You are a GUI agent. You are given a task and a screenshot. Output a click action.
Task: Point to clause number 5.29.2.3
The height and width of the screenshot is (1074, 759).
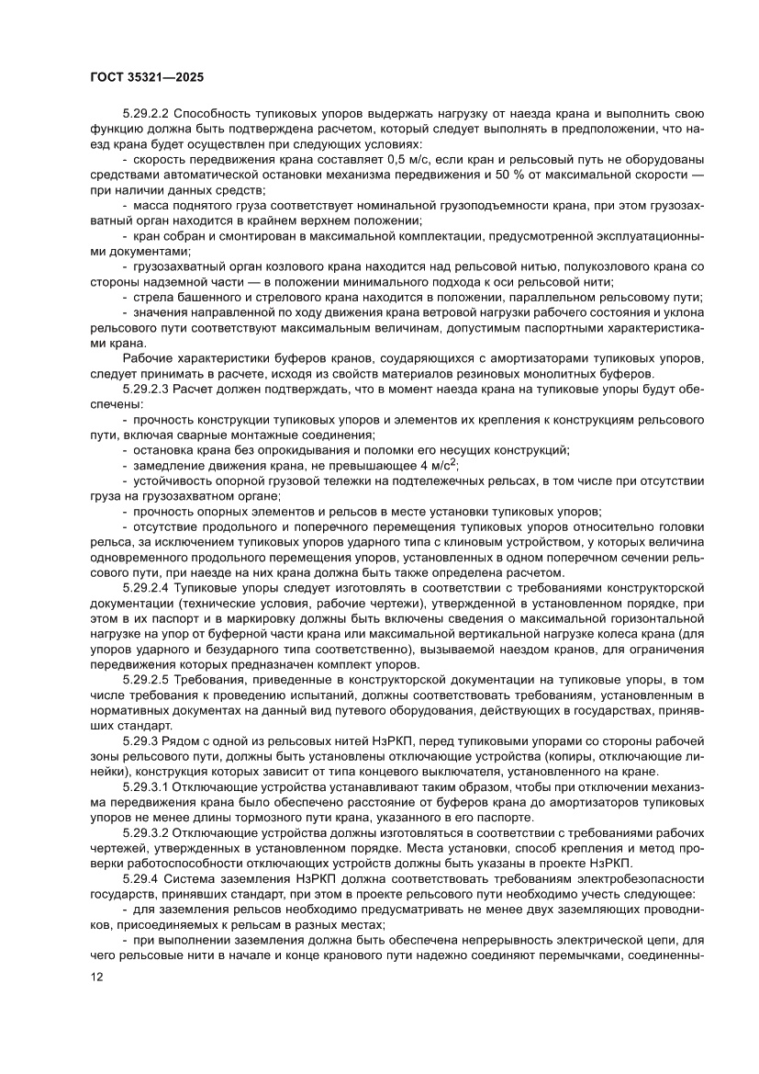(x=151, y=390)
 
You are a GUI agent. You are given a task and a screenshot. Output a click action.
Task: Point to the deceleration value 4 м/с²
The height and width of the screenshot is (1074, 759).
(x=430, y=464)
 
